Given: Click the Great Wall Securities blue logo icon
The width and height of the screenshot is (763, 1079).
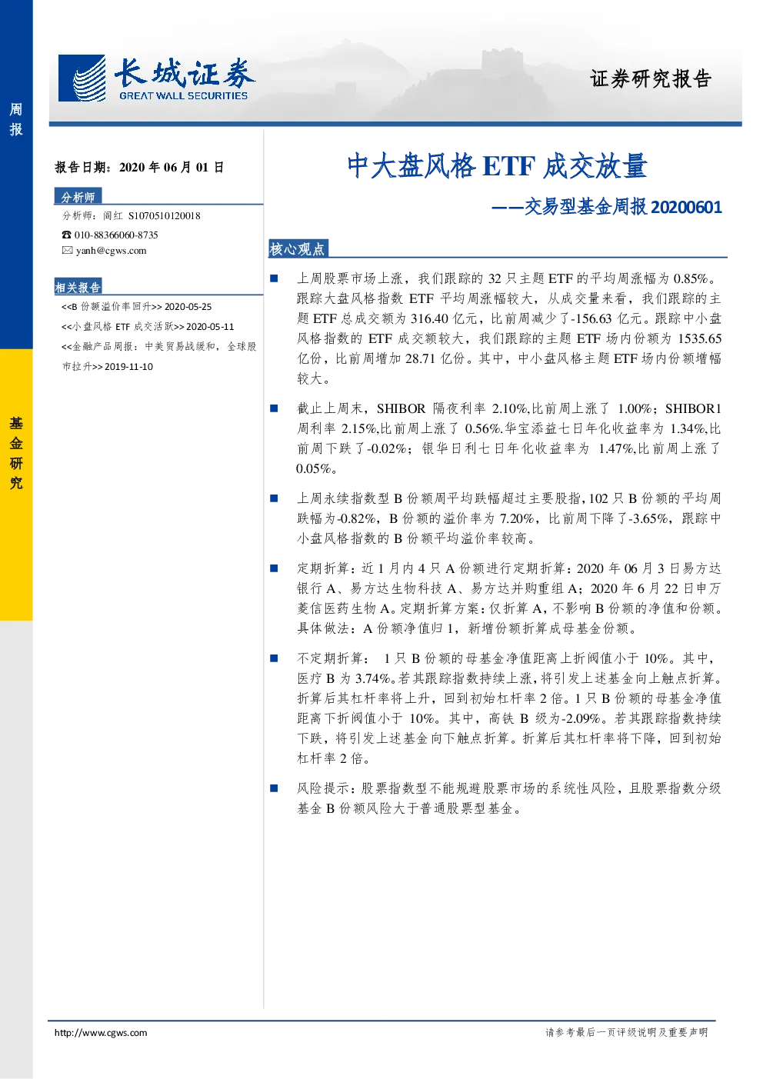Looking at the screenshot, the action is pyautogui.click(x=82, y=78).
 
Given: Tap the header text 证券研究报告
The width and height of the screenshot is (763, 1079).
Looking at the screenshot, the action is pyautogui.click(x=651, y=78).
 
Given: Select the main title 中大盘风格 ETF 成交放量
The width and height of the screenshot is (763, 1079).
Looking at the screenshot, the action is pyautogui.click(x=497, y=166).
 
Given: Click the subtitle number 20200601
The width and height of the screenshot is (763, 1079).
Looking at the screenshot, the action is pyautogui.click(x=686, y=207).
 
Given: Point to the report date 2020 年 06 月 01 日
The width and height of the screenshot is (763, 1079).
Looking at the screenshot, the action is pyautogui.click(x=172, y=167).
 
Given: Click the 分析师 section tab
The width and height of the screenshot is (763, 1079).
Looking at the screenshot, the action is pyautogui.click(x=78, y=197).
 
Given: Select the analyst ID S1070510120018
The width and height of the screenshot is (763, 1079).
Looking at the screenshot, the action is pyautogui.click(x=165, y=216).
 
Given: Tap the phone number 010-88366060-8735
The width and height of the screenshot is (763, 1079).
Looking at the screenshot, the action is pyautogui.click(x=116, y=235).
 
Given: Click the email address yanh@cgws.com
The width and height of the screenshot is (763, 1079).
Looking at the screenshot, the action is pyautogui.click(x=112, y=251).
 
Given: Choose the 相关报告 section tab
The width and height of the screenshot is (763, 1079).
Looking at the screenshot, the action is pyautogui.click(x=78, y=287).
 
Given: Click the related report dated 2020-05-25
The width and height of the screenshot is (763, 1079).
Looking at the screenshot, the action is pyautogui.click(x=137, y=307).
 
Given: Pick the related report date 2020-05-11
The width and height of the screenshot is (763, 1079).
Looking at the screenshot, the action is pyautogui.click(x=210, y=327).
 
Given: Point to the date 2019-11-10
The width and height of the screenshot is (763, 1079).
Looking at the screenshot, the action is pyautogui.click(x=128, y=367).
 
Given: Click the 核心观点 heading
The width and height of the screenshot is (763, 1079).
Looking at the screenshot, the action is pyautogui.click(x=297, y=249).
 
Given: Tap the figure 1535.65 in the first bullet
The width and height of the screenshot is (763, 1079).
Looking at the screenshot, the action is pyautogui.click(x=699, y=338).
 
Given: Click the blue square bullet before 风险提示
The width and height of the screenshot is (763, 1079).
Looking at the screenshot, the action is pyautogui.click(x=274, y=788).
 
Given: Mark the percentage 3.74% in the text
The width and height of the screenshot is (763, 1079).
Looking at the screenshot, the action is pyautogui.click(x=372, y=678).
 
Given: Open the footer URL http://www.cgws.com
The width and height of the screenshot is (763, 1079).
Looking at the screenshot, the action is pyautogui.click(x=101, y=1032).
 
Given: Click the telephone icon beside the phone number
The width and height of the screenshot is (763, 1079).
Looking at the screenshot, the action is pyautogui.click(x=66, y=235).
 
